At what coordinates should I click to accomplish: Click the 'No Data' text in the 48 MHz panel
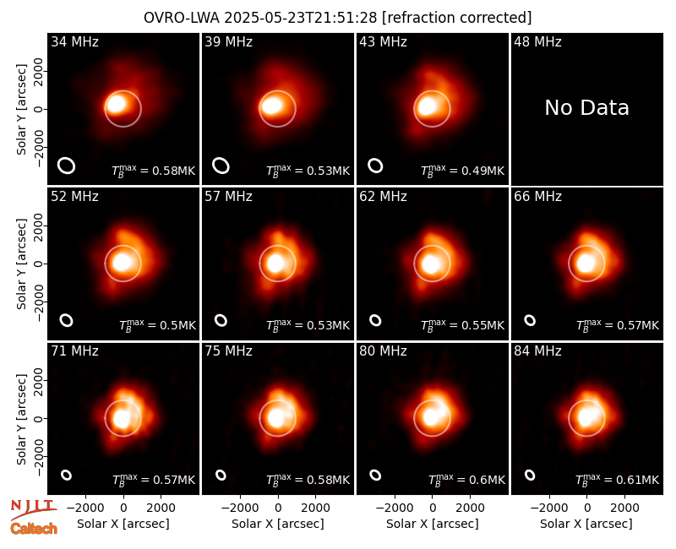[x=586, y=108]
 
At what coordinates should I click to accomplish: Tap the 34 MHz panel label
[x=74, y=41]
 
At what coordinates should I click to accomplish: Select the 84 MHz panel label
[x=537, y=351]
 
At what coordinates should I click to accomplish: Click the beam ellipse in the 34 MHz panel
[x=67, y=166]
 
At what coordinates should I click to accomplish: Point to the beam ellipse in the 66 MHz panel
[x=530, y=320]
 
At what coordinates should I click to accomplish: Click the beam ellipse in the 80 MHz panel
[x=375, y=475]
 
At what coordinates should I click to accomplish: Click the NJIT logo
[x=33, y=508]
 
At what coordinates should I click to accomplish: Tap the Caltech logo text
[x=34, y=529]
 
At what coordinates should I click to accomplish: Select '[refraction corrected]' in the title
[x=456, y=18]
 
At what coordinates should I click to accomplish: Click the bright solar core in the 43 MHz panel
[x=428, y=106]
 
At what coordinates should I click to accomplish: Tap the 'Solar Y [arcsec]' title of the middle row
[x=21, y=264]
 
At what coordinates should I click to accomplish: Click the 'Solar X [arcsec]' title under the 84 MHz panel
[x=586, y=524]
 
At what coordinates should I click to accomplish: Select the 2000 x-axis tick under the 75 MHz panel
[x=315, y=508]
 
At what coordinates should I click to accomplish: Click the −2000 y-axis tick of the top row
[x=39, y=146]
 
